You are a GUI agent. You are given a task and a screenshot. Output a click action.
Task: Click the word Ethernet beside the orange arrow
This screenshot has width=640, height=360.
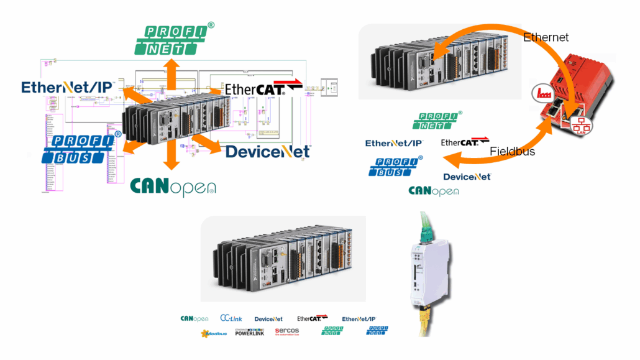(x=546, y=37)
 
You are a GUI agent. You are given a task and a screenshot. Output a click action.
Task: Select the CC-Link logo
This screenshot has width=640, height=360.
(x=231, y=318)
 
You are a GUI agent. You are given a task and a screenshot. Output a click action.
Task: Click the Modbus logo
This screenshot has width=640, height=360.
(x=213, y=333)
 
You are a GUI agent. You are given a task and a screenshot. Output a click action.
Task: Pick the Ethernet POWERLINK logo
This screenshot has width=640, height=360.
(x=250, y=332)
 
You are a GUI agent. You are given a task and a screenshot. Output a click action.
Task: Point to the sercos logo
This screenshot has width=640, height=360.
(x=287, y=331)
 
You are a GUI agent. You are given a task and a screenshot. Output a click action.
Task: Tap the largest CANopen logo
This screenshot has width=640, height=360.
(x=173, y=186)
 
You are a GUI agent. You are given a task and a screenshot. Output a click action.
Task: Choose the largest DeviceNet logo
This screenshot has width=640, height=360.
(x=267, y=152)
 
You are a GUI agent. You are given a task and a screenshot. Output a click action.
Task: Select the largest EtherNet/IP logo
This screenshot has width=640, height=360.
(x=67, y=87)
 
